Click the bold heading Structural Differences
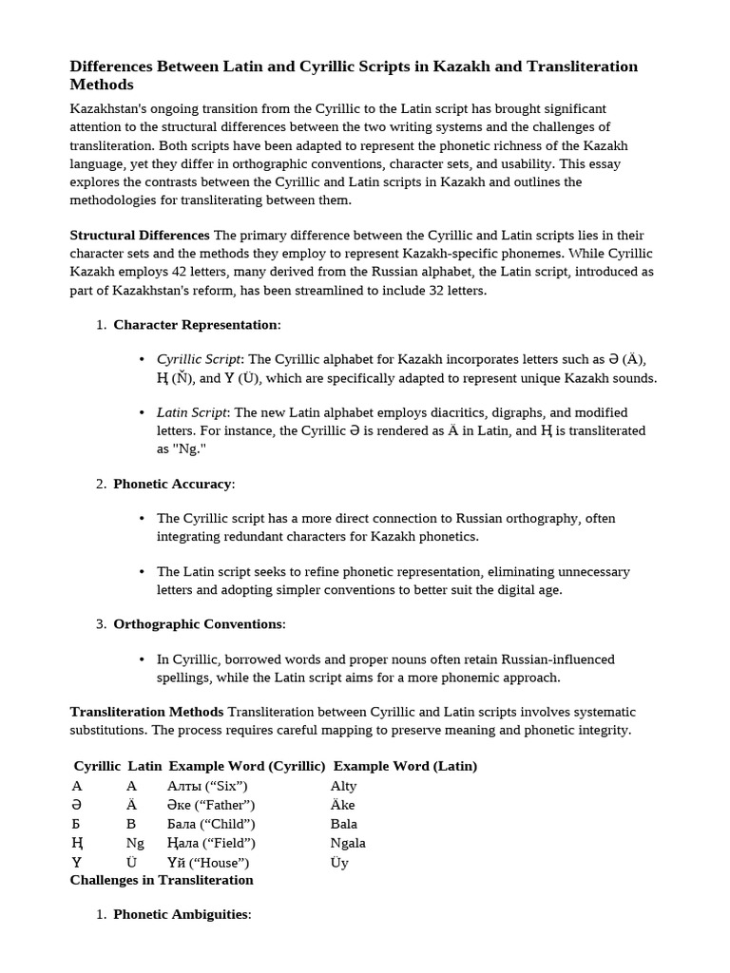pyautogui.click(x=140, y=235)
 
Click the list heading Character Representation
pyautogui.click(x=195, y=324)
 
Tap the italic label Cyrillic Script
pyautogui.click(x=199, y=359)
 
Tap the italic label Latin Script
pyautogui.click(x=191, y=412)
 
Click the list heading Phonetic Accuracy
pyautogui.click(x=172, y=484)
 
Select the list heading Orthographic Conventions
pyautogui.click(x=198, y=624)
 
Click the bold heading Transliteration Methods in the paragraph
pyautogui.click(x=146, y=712)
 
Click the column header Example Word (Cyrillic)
pyautogui.click(x=247, y=766)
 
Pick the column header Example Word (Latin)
pyautogui.click(x=405, y=766)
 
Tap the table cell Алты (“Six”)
pyautogui.click(x=207, y=786)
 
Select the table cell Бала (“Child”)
pyautogui.click(x=211, y=824)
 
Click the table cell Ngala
pyautogui.click(x=348, y=843)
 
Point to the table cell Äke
pyautogui.click(x=342, y=805)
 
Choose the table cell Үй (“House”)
pyautogui.click(x=208, y=863)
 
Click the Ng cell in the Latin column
pyautogui.click(x=135, y=843)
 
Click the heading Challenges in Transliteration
pyautogui.click(x=162, y=880)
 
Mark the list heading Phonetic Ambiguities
pyautogui.click(x=181, y=914)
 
